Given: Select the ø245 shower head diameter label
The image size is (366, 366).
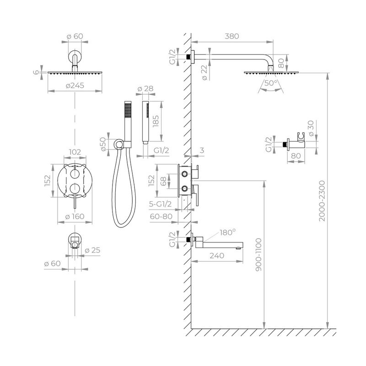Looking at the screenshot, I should pos(75,86).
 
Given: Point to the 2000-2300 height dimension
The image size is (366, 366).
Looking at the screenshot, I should pos(323,200).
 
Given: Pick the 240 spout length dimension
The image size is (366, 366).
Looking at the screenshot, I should pos(216,256).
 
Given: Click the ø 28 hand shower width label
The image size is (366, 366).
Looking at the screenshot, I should pos(145,88).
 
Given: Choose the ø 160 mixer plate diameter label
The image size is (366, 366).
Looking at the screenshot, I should pos(75,216).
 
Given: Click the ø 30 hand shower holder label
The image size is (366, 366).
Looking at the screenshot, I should pos(312,130).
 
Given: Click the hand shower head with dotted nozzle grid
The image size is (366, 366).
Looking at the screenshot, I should pos(128,109).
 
